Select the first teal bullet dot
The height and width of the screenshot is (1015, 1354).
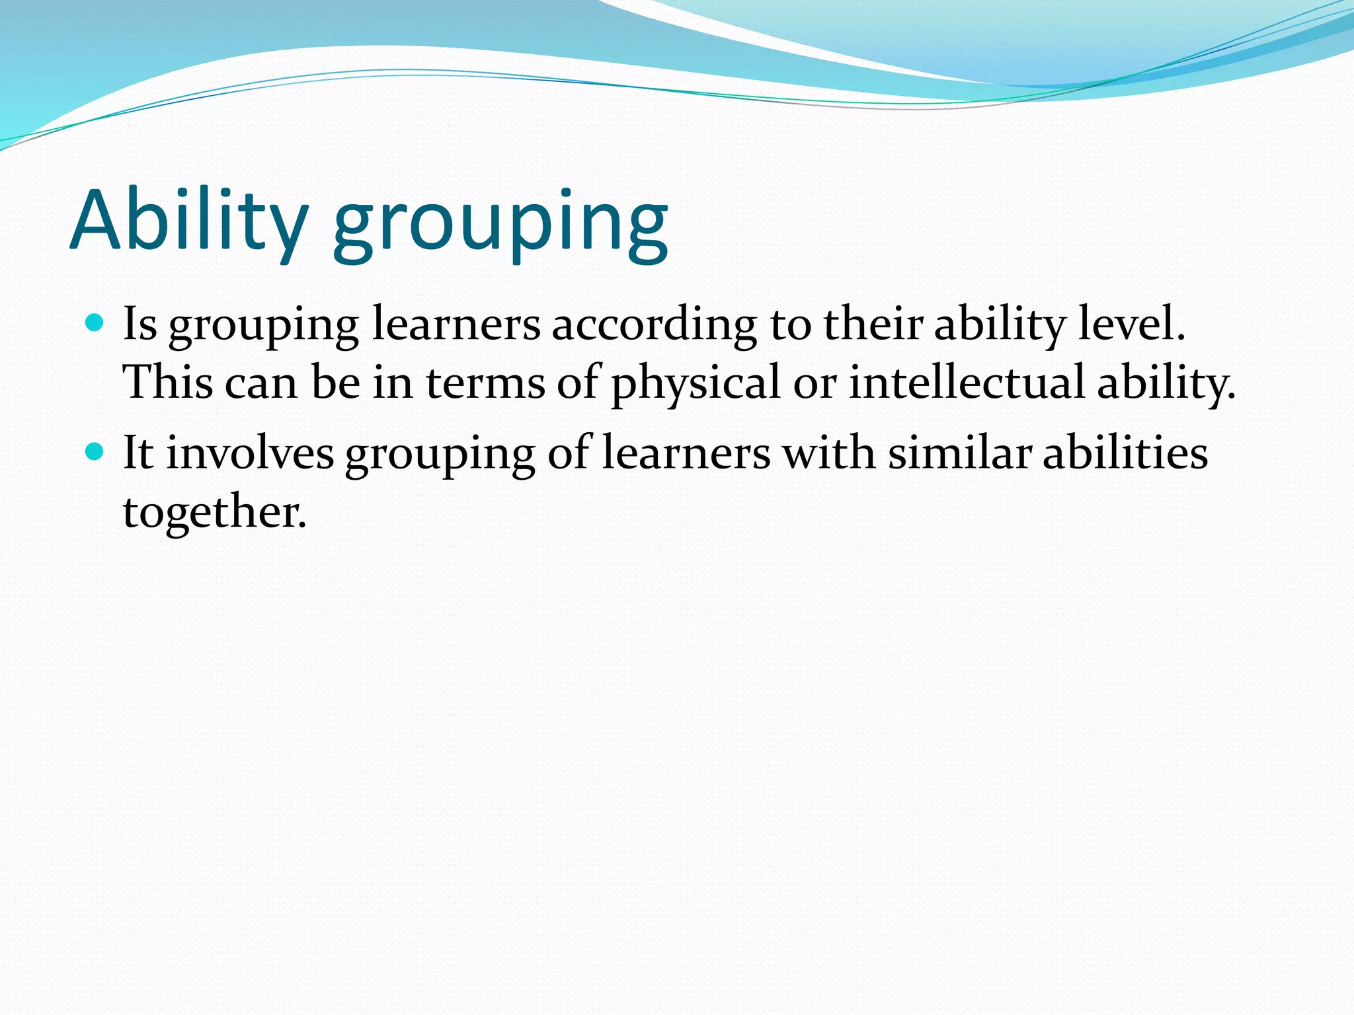point(95,323)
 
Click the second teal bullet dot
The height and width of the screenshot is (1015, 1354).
point(95,452)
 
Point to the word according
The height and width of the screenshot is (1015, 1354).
point(655,325)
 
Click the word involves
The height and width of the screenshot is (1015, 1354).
point(250,453)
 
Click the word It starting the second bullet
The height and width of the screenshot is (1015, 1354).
point(138,453)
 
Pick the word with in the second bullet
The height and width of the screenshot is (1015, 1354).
point(829,453)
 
